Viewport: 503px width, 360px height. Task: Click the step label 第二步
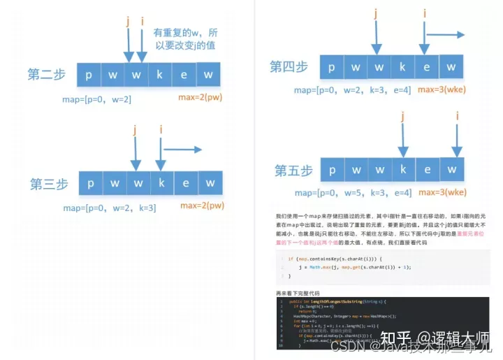click(48, 74)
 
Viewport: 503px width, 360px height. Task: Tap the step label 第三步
click(49, 185)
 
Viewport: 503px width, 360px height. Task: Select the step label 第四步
click(289, 67)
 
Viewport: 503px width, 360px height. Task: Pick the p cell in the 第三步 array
click(90, 184)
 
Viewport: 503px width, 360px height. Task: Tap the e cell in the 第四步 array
click(427, 67)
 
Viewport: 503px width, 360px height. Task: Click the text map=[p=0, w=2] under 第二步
click(96, 99)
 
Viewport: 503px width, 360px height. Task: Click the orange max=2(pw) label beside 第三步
click(202, 206)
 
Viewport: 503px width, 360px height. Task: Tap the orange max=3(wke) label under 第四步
click(442, 90)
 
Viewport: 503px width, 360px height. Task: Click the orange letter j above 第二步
click(128, 22)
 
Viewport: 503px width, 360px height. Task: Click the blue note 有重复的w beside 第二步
click(184, 38)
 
